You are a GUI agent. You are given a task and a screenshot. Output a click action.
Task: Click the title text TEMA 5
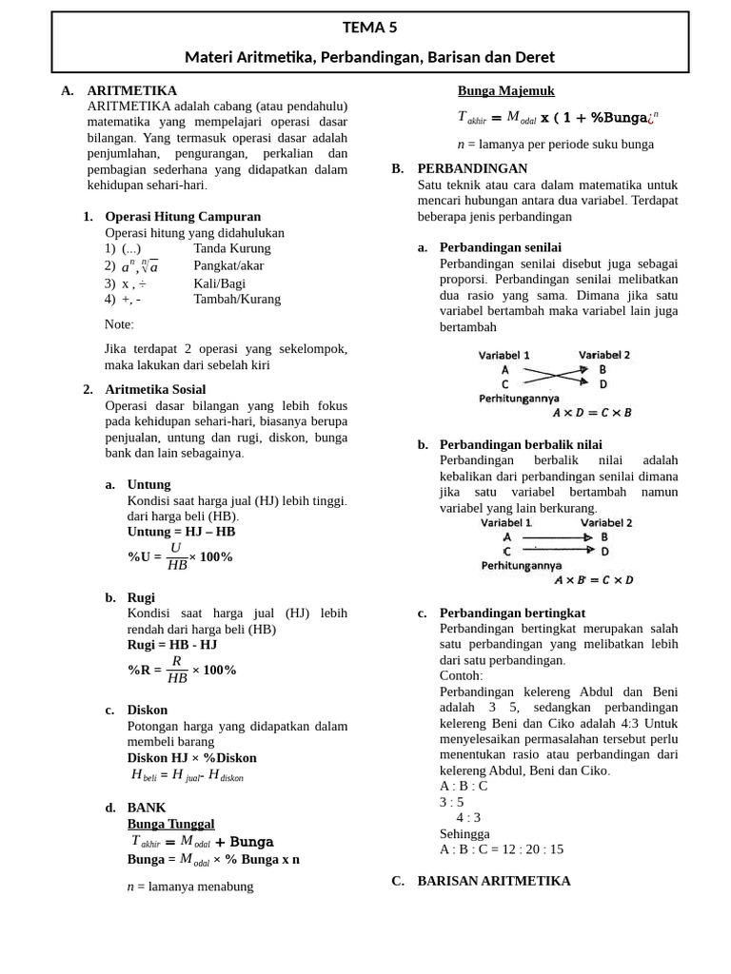pyautogui.click(x=370, y=28)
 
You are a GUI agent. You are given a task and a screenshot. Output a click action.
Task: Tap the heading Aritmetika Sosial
pyautogui.click(x=155, y=389)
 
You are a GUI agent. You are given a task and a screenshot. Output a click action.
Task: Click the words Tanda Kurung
pyautogui.click(x=232, y=248)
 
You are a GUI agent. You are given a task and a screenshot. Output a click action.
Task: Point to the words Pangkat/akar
pyautogui.click(x=228, y=265)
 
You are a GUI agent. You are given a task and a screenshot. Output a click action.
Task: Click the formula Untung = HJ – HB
pyautogui.click(x=181, y=532)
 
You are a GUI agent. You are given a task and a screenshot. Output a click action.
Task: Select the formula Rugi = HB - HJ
pyautogui.click(x=172, y=645)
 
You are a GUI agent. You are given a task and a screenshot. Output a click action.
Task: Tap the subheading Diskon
pyautogui.click(x=147, y=710)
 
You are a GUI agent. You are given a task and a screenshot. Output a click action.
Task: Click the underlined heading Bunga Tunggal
pyautogui.click(x=170, y=824)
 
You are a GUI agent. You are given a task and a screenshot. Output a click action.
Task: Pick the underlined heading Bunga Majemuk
pyautogui.click(x=505, y=91)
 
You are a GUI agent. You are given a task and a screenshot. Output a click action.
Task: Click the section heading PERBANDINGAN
pyautogui.click(x=472, y=168)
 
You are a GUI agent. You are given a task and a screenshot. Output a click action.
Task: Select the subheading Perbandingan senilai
pyautogui.click(x=500, y=247)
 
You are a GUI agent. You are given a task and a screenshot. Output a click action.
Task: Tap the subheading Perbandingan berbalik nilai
pyautogui.click(x=520, y=444)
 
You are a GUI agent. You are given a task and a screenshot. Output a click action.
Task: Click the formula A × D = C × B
pyautogui.click(x=592, y=413)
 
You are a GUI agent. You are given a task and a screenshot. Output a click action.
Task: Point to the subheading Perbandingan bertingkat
pyautogui.click(x=512, y=613)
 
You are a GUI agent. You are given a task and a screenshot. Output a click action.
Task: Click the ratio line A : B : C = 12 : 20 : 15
pyautogui.click(x=502, y=849)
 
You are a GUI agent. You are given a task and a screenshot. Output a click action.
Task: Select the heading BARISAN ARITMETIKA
pyautogui.click(x=493, y=881)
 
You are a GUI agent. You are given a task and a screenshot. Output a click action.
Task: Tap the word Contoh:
pyautogui.click(x=461, y=675)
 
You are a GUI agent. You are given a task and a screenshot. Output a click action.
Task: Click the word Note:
pyautogui.click(x=119, y=324)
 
